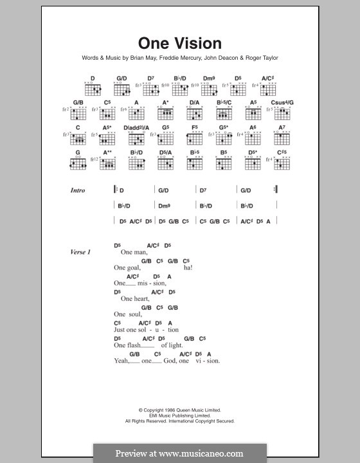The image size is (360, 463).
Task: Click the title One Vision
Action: (180, 44)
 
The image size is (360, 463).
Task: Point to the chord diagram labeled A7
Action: (282, 138)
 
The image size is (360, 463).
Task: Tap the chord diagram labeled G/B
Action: (79, 112)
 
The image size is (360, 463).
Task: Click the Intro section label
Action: (78, 191)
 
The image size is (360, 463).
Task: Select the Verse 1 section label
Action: (80, 252)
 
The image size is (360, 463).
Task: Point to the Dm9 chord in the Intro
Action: (163, 206)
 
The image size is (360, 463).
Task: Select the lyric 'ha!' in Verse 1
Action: (188, 268)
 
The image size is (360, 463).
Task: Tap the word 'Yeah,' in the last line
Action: (122, 361)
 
